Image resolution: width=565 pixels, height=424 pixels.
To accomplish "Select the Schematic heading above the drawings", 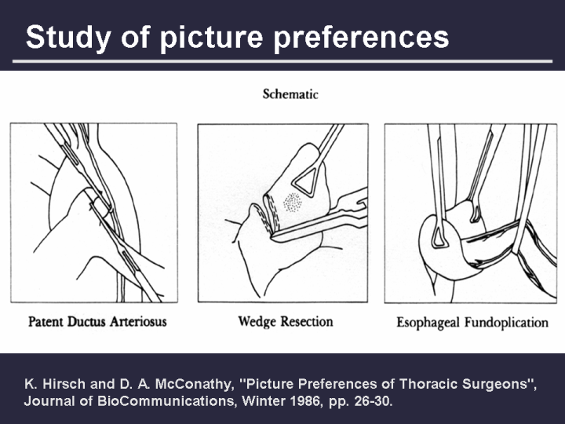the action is pyautogui.click(x=290, y=94).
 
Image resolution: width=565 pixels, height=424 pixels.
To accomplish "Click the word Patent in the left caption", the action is pyautogui.click(x=46, y=321).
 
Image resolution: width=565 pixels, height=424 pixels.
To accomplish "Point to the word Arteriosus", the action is pyautogui.click(x=138, y=321).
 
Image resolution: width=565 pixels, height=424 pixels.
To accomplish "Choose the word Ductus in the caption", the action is pyautogui.click(x=87, y=321).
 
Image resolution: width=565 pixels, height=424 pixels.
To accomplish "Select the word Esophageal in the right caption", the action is pyautogui.click(x=428, y=323).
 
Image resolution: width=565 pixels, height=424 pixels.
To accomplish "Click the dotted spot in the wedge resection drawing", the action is pyautogui.click(x=293, y=202).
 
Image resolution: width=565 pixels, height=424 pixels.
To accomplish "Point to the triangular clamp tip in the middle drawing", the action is pyautogui.click(x=305, y=182).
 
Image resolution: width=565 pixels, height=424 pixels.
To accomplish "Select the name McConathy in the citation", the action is pyautogui.click(x=193, y=384).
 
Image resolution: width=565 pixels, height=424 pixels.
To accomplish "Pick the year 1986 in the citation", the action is pyautogui.click(x=308, y=401).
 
